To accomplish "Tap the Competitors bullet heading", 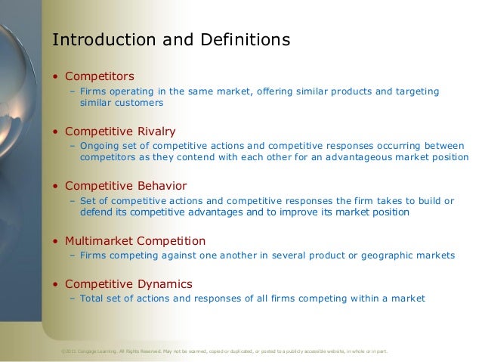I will tap(100, 76).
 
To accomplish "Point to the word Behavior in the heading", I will tap(159, 186).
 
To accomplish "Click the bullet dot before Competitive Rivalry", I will tap(54, 131).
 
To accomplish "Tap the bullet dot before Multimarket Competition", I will tap(54, 242).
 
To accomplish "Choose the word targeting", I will tap(415, 91).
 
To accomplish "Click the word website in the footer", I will tap(336, 351).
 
